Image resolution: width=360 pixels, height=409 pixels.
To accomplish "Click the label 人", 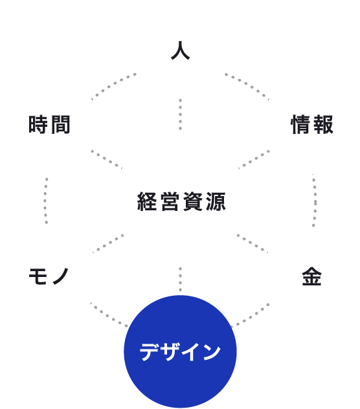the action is pos(180,50).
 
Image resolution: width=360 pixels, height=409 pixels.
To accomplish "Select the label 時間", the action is pos(49,124).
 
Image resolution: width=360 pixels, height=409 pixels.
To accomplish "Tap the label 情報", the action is pos(312,124).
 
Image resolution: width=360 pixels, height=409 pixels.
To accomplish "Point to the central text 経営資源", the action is pos(181,201).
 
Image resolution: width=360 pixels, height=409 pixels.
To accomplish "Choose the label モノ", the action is pos(49,276).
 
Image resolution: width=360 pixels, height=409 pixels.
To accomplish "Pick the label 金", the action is pos(311,276).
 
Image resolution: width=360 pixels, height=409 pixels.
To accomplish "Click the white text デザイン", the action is pos(180,351).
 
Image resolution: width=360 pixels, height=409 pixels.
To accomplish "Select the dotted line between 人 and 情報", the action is pos(247,85).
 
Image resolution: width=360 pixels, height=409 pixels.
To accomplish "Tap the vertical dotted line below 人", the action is pos(180,115).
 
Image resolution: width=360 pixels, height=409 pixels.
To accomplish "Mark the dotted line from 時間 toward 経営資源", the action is pos(107,159).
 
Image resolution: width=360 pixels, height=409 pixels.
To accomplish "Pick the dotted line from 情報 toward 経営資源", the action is pos(254,159).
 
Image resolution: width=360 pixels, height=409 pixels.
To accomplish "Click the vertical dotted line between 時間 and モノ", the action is pos(46,201).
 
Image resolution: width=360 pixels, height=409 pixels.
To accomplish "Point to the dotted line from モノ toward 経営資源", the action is pos(108,243).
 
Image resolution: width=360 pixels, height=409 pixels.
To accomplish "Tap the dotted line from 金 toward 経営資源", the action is pos(253,243).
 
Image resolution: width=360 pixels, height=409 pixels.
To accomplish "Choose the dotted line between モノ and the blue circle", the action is pos(109,315).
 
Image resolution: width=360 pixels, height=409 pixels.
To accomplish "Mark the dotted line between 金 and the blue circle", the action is pos(249,315).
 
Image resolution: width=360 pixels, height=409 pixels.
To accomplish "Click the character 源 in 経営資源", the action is pos(216,201).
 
